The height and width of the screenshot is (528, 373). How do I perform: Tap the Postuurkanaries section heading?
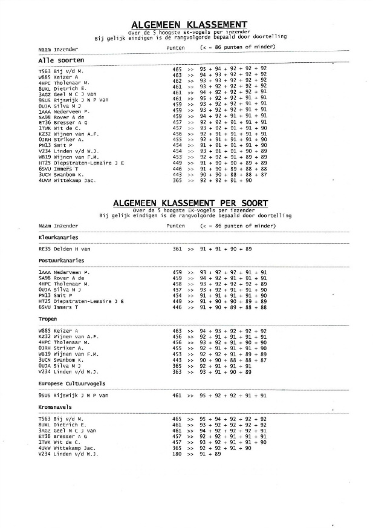[x=60, y=261]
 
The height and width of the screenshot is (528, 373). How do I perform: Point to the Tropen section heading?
[x=47, y=318]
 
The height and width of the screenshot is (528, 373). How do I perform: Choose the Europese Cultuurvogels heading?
[x=71, y=383]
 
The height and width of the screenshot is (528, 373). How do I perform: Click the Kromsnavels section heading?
[x=55, y=406]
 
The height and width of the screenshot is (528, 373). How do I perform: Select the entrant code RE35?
[x=44, y=249]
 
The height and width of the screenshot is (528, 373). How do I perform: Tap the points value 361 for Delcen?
[x=177, y=249]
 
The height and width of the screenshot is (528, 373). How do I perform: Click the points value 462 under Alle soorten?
[x=177, y=80]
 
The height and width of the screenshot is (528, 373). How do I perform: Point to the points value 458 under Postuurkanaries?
[x=177, y=284]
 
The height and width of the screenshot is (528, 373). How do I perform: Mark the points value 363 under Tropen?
[x=177, y=371]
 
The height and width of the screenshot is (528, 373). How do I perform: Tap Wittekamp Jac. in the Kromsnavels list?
[x=76, y=447]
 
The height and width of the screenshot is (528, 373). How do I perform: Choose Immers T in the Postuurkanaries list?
[x=66, y=307]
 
